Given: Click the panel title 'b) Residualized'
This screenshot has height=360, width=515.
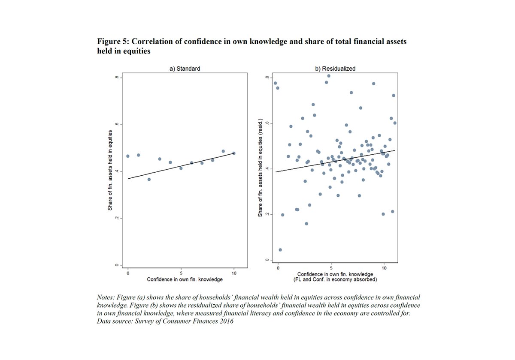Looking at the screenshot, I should pyautogui.click(x=335, y=69).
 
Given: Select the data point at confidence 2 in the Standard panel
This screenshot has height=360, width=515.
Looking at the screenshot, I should pyautogui.click(x=149, y=179).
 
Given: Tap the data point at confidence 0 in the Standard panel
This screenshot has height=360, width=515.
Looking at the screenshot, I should pyautogui.click(x=128, y=156).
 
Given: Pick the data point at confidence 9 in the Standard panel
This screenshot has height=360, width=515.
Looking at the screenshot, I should pyautogui.click(x=223, y=151).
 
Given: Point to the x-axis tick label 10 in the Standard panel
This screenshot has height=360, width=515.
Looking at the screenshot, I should pyautogui.click(x=234, y=273).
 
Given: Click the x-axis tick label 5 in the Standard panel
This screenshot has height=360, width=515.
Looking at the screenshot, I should pyautogui.click(x=181, y=273).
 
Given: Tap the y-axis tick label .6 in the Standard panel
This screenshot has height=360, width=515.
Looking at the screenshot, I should pyautogui.click(x=116, y=125).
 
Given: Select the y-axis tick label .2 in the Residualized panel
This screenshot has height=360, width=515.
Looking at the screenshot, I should pyautogui.click(x=267, y=214).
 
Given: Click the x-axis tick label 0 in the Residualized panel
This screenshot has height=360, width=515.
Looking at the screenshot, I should pyautogui.click(x=278, y=268).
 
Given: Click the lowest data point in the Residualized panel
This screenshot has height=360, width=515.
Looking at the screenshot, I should pyautogui.click(x=280, y=250).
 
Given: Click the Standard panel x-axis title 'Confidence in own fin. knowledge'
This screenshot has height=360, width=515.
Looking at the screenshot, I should pyautogui.click(x=185, y=279).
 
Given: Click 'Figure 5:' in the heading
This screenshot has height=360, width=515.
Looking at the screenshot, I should pyautogui.click(x=112, y=42).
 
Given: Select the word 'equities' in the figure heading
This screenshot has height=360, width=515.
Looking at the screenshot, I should pyautogui.click(x=137, y=51).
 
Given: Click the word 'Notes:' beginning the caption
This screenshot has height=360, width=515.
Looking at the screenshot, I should pyautogui.click(x=106, y=297).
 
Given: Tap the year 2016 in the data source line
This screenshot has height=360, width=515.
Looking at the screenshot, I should pyautogui.click(x=225, y=321).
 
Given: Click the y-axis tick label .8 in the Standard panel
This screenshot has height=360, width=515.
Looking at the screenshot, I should pyautogui.click(x=116, y=78).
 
